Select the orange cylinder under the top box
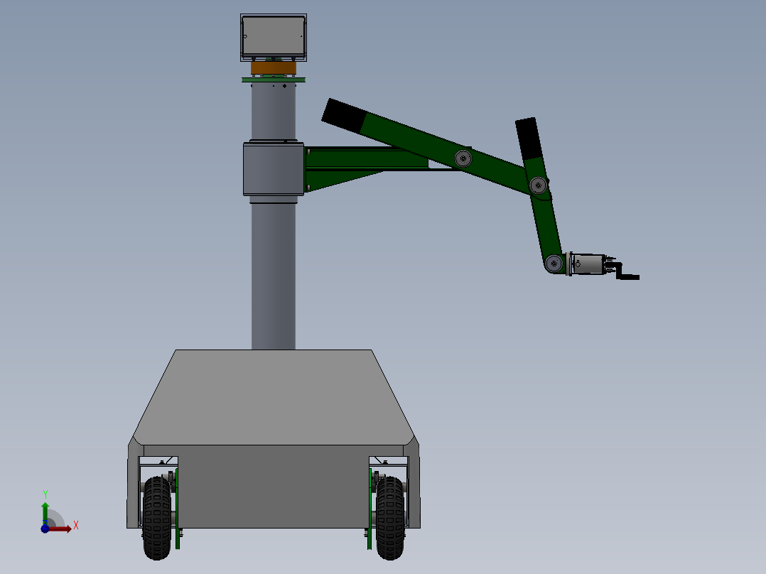pos(273,68)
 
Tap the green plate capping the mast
pos(273,80)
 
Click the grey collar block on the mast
pos(273,168)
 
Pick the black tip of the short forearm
pos(528,138)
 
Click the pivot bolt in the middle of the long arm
pos(463,158)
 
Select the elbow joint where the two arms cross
pos(539,186)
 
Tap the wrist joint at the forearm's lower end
pos(554,264)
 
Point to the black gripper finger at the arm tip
pos(628,276)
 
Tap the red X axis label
pos(76,526)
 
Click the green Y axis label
pos(45,494)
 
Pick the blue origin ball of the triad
pos(45,529)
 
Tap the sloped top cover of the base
pos(273,398)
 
